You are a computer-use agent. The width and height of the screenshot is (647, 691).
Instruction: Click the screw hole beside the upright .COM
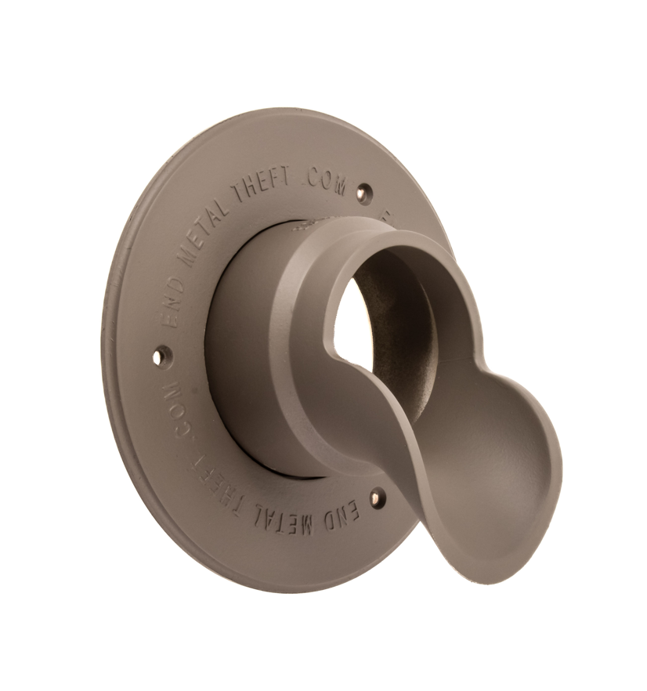pyautogui.click(x=363, y=192)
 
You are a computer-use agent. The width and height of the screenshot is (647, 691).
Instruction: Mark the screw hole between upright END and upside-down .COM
pyautogui.click(x=160, y=356)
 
